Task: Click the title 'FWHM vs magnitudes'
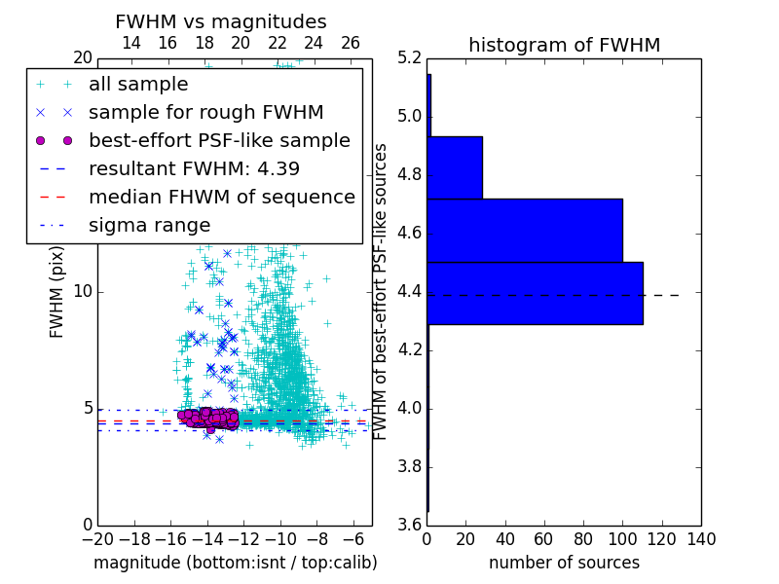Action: [221, 21]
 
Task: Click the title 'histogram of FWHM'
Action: [564, 45]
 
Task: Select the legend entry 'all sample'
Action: [138, 85]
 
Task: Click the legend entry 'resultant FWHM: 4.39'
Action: [194, 168]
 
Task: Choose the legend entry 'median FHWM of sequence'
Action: [221, 197]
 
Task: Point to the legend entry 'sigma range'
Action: [149, 225]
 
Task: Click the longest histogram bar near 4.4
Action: [535, 293]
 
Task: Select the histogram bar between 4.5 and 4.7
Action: [525, 230]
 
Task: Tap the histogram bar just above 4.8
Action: [455, 167]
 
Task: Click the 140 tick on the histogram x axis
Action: [700, 538]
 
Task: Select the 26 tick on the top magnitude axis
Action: [351, 43]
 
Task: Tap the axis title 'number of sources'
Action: [564, 563]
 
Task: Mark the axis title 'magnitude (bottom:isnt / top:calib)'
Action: [235, 563]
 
